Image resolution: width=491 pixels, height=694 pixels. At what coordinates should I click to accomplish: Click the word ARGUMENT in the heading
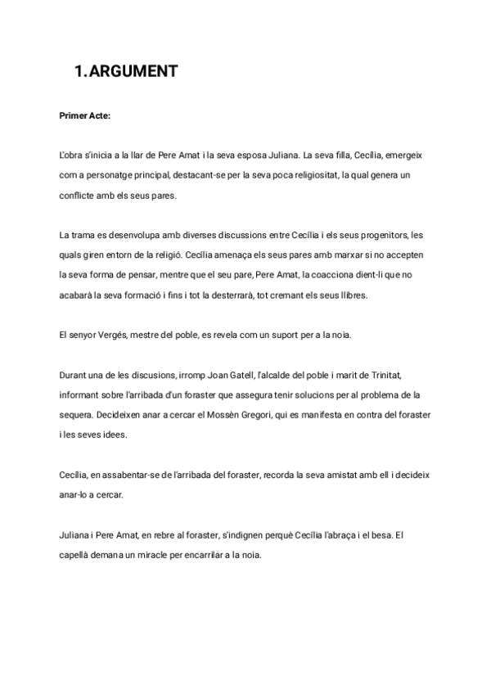[x=133, y=72]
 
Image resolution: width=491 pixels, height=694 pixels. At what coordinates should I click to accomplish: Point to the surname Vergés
[x=113, y=334]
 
